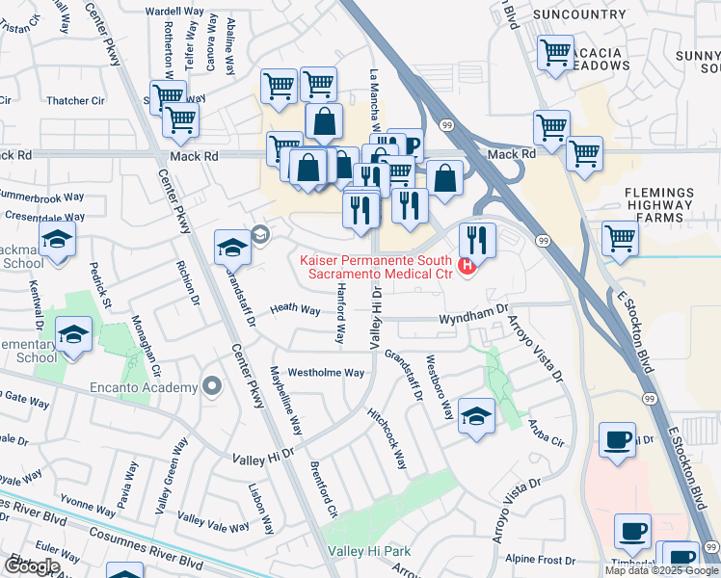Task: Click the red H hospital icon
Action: (468, 267)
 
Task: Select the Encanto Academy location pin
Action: (212, 387)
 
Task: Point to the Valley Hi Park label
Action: (369, 551)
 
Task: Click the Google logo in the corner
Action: (31, 566)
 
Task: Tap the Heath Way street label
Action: (295, 309)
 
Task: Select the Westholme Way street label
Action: (327, 372)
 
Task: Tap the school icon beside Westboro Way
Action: (476, 417)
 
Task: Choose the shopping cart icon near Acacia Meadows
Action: (555, 54)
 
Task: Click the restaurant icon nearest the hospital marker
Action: (477, 239)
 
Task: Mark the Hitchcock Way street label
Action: (387, 438)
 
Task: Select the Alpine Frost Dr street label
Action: (540, 560)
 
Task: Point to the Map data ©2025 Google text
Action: (661, 570)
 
